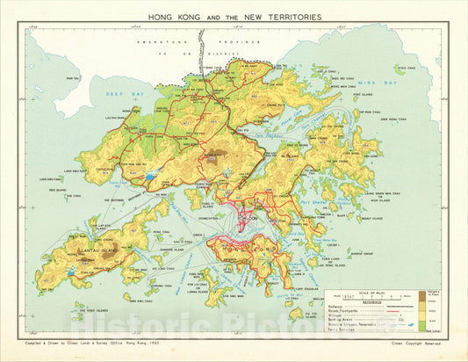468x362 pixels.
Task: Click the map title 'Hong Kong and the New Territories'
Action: (234, 17)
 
